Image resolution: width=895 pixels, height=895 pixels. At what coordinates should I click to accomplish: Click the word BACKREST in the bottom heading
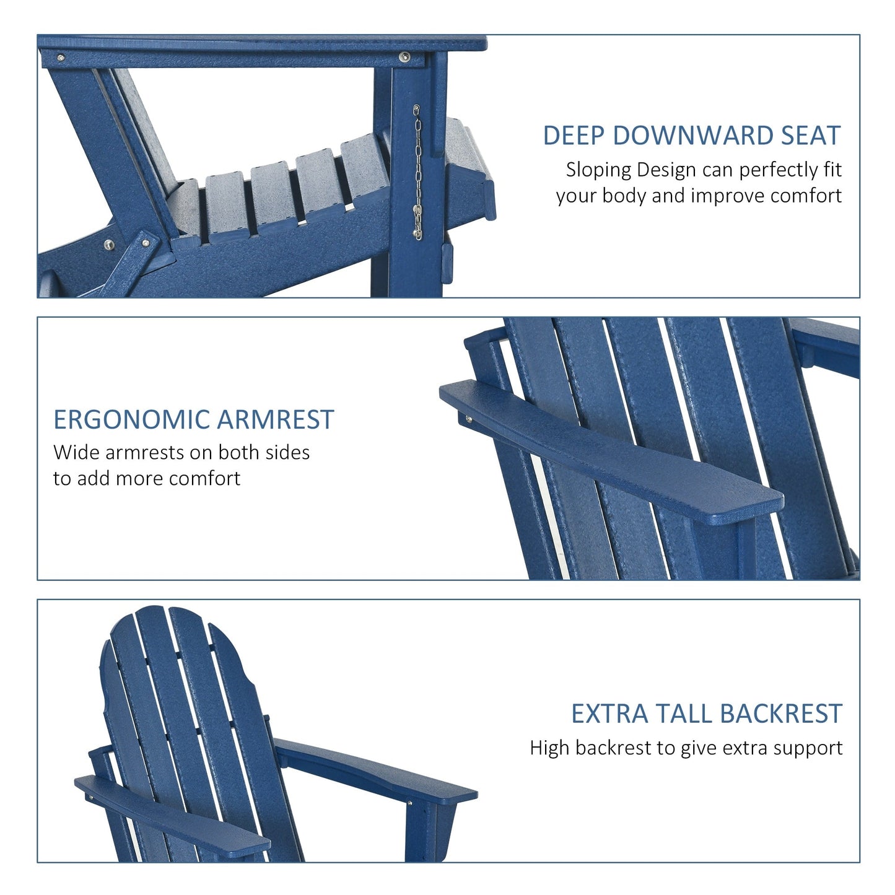pos(782,714)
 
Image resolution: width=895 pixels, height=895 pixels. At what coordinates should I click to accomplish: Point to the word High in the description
pos(549,748)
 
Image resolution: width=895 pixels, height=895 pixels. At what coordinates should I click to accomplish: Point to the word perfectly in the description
pos(757,170)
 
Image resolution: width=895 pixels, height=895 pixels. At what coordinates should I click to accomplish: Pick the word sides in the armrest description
pos(287,452)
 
